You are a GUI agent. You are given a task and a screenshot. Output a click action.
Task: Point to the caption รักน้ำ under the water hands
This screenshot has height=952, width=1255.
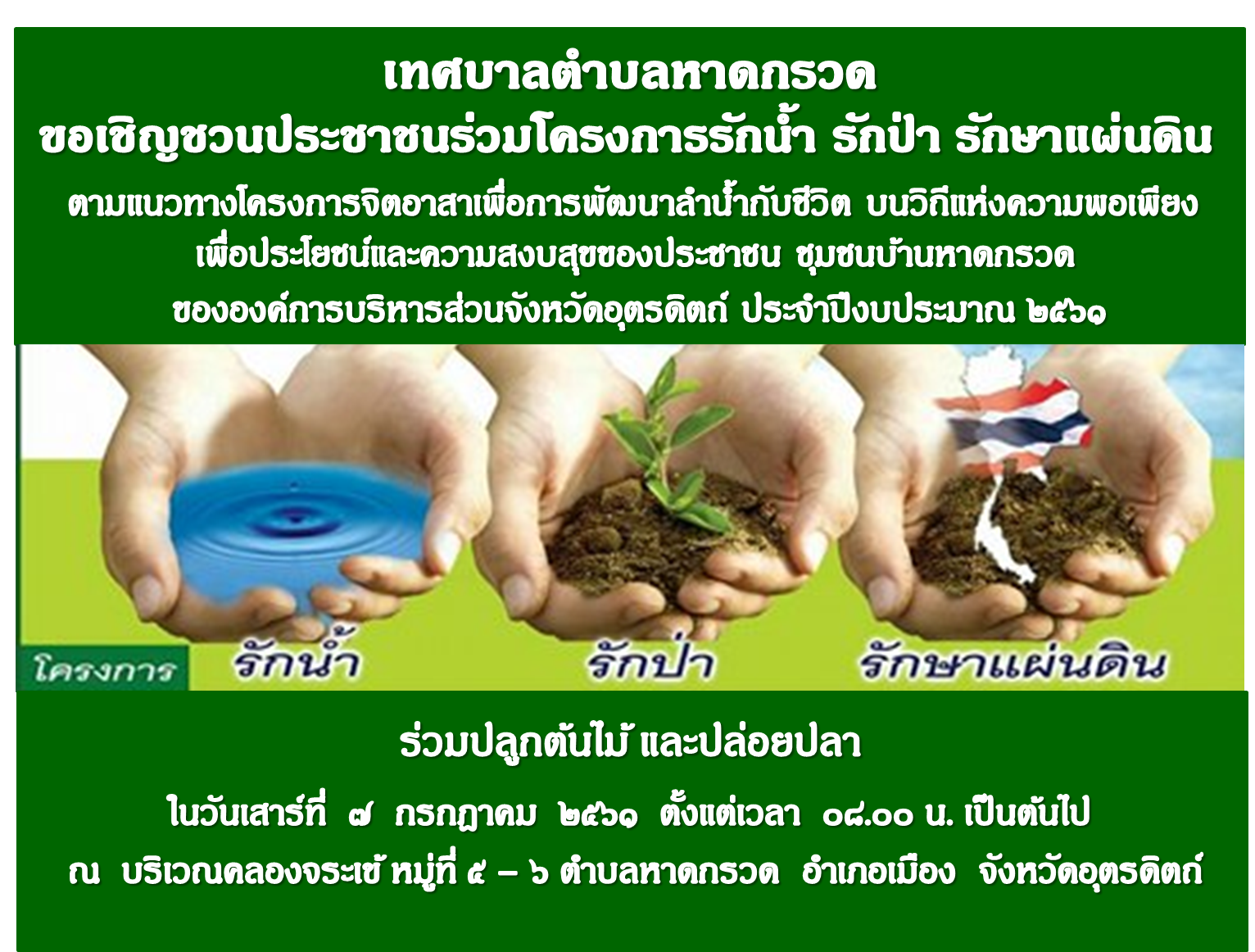pyautogui.click(x=296, y=657)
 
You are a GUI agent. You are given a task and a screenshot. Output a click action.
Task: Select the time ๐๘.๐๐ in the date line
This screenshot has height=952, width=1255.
pyautogui.click(x=868, y=815)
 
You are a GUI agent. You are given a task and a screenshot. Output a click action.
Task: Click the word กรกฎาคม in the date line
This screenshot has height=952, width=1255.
pyautogui.click(x=466, y=814)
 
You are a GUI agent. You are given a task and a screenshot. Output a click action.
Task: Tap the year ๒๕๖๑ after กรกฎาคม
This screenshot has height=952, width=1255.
pyautogui.click(x=598, y=815)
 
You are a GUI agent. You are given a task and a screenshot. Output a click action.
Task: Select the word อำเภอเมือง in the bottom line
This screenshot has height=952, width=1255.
pyautogui.click(x=879, y=870)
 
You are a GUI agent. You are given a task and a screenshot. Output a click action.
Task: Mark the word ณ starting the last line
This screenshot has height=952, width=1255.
pyautogui.click(x=84, y=873)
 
